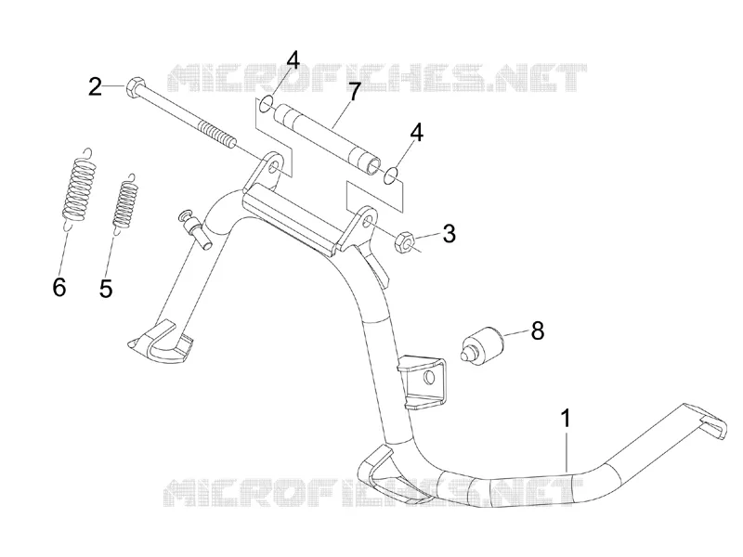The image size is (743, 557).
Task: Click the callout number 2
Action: pyautogui.click(x=96, y=86)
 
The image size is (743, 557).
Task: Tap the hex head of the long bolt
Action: pyautogui.click(x=133, y=86)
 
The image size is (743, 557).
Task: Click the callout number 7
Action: pyautogui.click(x=355, y=92)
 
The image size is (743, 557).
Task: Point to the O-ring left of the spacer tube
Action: pyautogui.click(x=267, y=104)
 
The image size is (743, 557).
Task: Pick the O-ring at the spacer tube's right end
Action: pyautogui.click(x=391, y=175)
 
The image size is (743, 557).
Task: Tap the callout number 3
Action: pyautogui.click(x=449, y=234)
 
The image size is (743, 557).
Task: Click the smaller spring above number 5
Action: pyautogui.click(x=125, y=203)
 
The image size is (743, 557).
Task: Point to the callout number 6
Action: pyautogui.click(x=59, y=287)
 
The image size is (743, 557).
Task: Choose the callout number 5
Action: pyautogui.click(x=106, y=288)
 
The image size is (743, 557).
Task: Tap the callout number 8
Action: pyautogui.click(x=538, y=330)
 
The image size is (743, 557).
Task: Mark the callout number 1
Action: pyautogui.click(x=566, y=419)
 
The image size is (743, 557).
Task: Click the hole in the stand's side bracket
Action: pyautogui.click(x=429, y=378)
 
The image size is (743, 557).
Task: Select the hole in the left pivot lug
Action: pyautogui.click(x=273, y=169)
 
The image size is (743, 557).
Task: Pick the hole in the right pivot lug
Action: pyautogui.click(x=368, y=223)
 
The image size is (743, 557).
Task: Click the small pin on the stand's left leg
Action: pyautogui.click(x=195, y=229)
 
